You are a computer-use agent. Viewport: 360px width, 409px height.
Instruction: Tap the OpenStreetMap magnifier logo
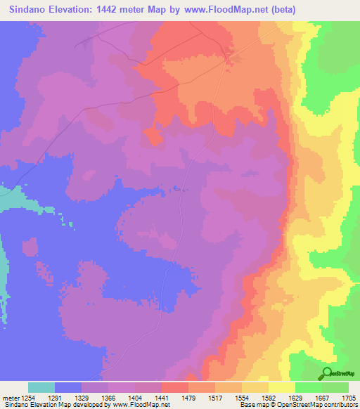[x=328, y=373]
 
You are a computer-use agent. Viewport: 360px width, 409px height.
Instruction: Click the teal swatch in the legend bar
[x=41, y=387]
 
